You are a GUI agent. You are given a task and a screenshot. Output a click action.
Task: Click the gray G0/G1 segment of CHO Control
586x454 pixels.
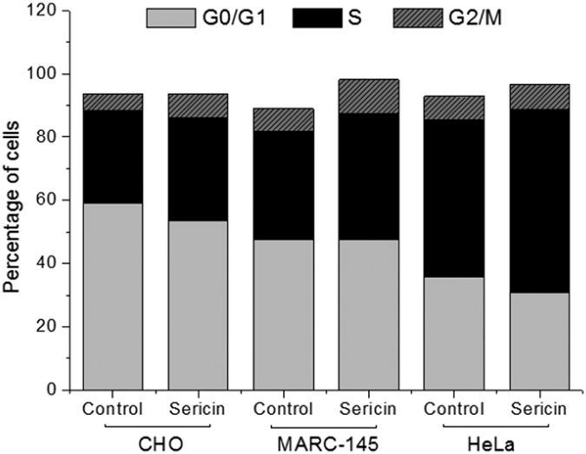(113, 296)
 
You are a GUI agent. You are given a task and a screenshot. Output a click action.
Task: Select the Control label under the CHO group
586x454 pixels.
(113, 408)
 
